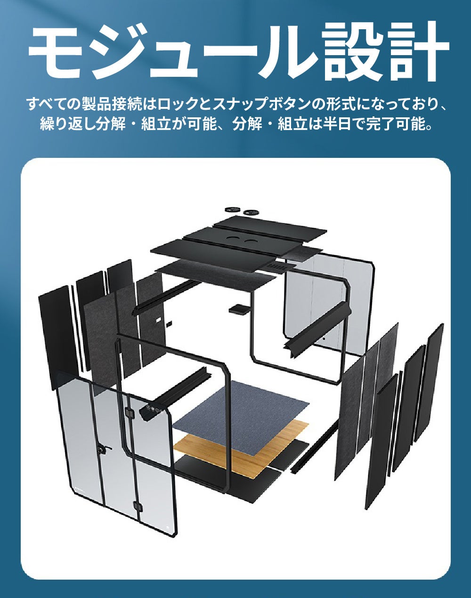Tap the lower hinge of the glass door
pos(137,506)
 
